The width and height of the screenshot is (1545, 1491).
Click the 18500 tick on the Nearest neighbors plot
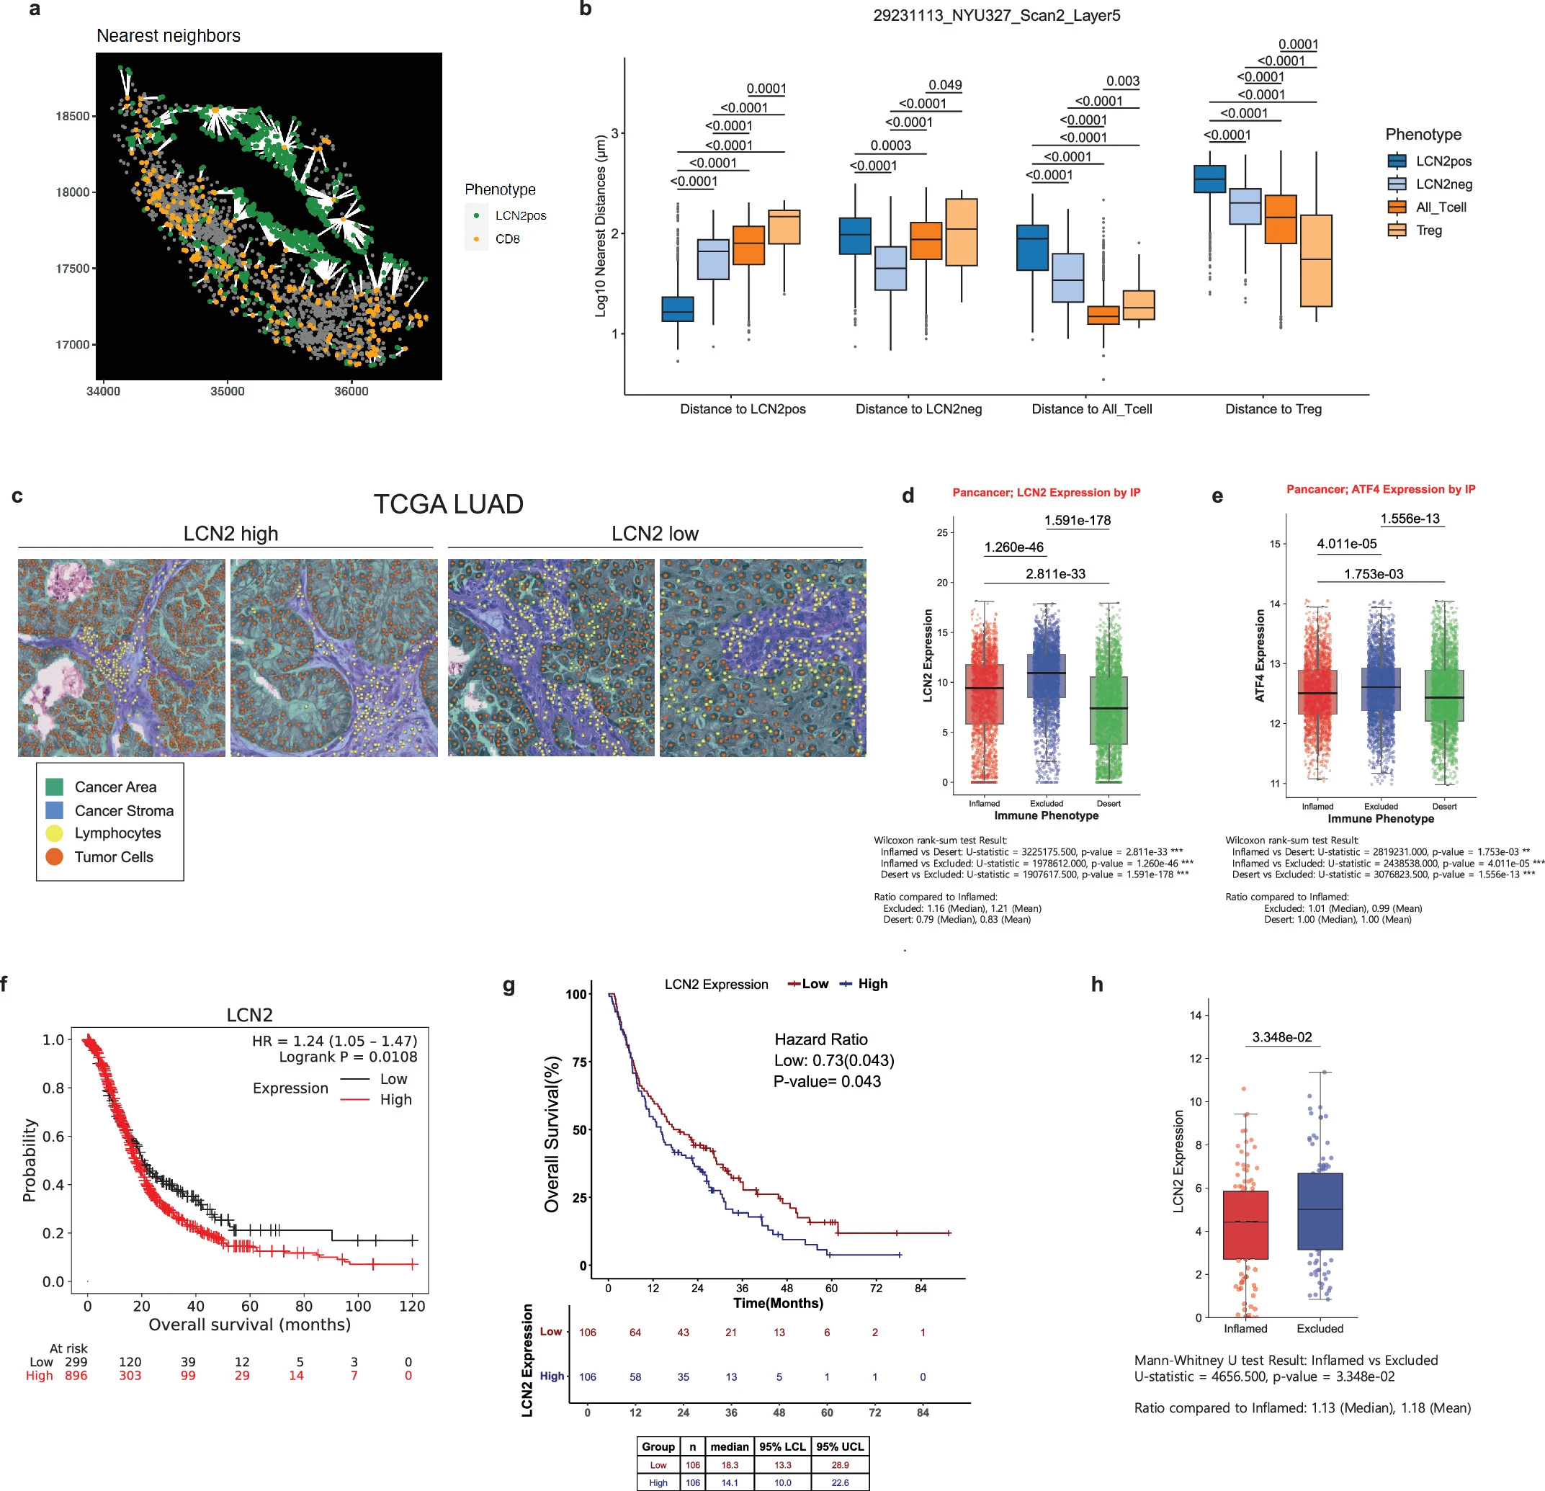point(72,116)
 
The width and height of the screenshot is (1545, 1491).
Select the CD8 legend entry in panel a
point(507,239)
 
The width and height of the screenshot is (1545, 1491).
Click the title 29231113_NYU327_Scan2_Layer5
point(996,16)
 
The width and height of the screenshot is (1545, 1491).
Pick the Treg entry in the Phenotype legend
point(1428,230)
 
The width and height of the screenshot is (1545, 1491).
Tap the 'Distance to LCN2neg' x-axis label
point(918,408)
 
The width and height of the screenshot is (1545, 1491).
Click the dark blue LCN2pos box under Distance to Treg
point(1209,179)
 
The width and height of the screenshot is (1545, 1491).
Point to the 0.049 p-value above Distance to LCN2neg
point(944,85)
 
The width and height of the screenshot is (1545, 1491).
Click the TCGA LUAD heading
point(448,503)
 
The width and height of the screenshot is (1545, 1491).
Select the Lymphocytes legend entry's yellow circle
point(55,833)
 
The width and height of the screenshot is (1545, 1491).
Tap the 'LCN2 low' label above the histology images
point(654,534)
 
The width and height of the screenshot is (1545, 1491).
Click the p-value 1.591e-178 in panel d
point(1077,520)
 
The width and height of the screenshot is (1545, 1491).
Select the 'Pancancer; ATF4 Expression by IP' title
point(1380,490)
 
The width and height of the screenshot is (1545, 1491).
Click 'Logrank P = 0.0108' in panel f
point(348,1057)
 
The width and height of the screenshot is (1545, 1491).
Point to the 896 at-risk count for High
point(76,1375)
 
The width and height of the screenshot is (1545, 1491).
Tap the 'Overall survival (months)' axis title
point(249,1325)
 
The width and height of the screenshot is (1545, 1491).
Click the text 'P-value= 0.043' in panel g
point(827,1081)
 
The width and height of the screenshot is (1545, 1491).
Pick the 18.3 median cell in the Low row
point(729,1465)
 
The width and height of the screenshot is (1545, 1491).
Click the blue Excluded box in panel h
point(1320,1211)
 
